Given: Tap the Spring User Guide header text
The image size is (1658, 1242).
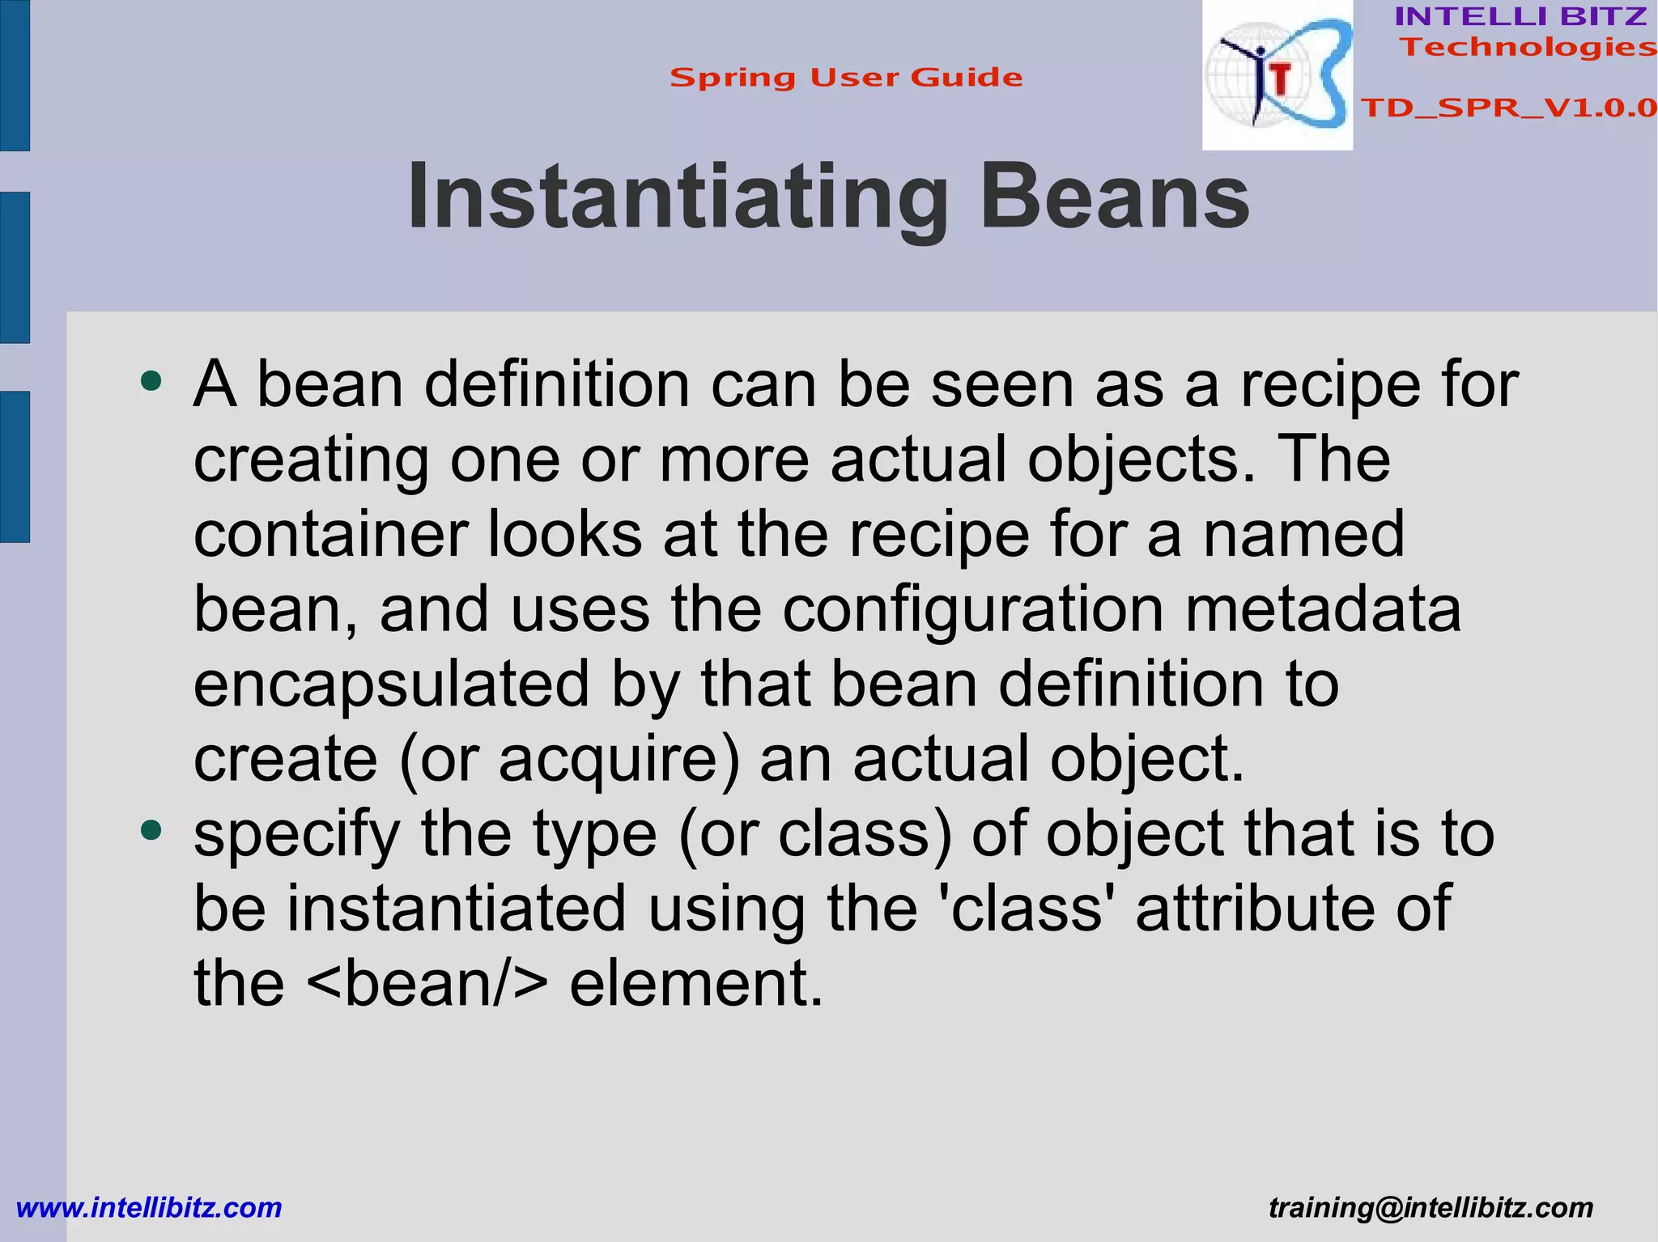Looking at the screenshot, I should [846, 78].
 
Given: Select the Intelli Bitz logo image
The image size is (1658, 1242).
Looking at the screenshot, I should [1278, 75].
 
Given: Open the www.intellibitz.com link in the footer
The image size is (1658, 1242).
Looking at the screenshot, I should [149, 1207].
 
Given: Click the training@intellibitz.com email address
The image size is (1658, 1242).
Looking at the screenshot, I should [1431, 1207].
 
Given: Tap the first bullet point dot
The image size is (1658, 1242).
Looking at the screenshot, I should [151, 380].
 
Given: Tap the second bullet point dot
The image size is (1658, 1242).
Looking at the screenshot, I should [151, 830].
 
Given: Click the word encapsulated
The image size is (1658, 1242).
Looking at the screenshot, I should [391, 685].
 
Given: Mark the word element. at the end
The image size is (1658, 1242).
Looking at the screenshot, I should [696, 983].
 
